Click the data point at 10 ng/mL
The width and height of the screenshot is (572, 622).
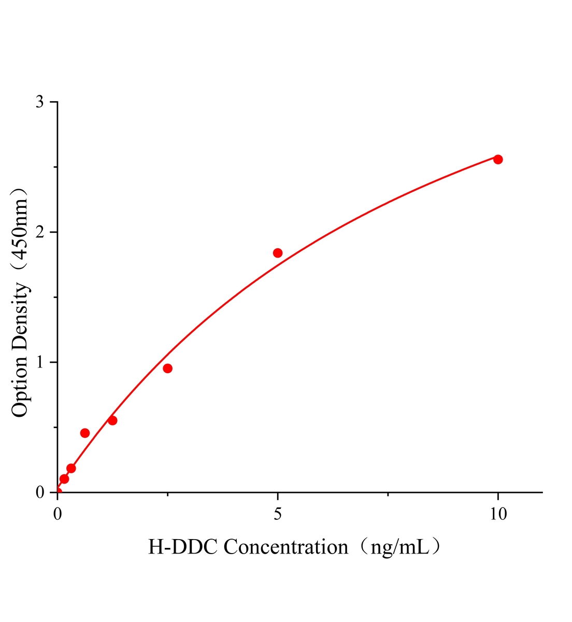click(x=498, y=159)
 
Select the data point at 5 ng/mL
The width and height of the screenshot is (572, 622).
click(x=278, y=253)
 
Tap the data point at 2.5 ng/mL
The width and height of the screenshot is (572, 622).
click(x=167, y=369)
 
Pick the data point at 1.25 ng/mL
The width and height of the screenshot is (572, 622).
click(x=112, y=420)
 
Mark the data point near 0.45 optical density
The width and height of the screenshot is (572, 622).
click(x=85, y=433)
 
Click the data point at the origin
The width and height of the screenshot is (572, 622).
click(x=58, y=492)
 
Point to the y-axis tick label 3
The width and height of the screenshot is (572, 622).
click(x=39, y=102)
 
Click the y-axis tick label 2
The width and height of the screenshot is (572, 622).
click(x=39, y=232)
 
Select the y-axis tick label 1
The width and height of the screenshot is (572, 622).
click(x=39, y=362)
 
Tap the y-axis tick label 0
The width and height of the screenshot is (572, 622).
click(x=39, y=492)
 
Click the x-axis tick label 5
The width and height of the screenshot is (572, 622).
click(x=278, y=514)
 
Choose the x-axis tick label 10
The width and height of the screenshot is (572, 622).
click(x=498, y=514)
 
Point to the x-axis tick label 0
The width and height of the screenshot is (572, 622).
click(x=58, y=514)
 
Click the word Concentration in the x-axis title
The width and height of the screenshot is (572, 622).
click(x=286, y=547)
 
